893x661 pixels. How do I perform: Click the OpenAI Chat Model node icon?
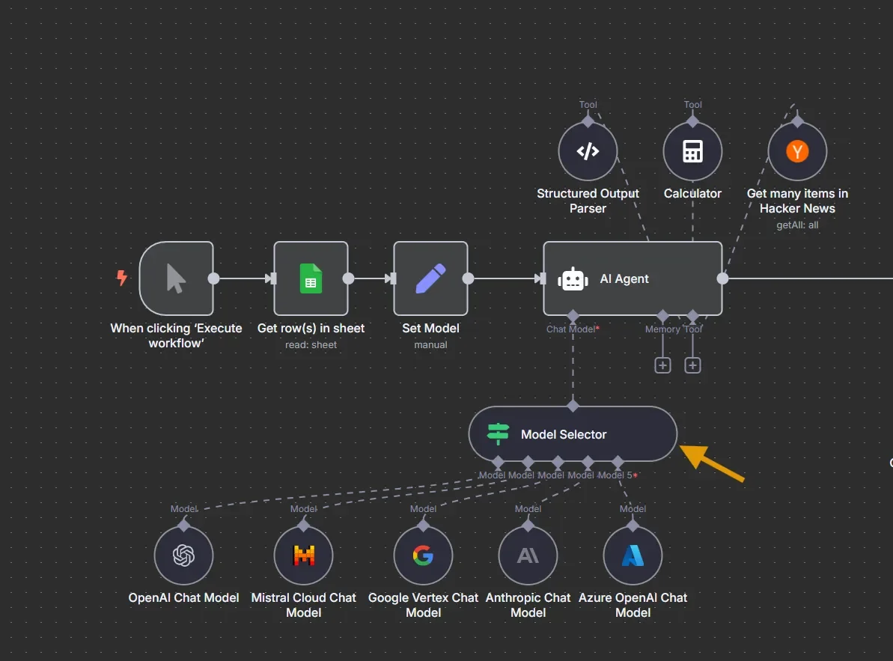pyautogui.click(x=183, y=555)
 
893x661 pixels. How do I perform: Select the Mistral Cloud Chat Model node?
pyautogui.click(x=303, y=555)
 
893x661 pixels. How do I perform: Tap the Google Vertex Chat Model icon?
pyautogui.click(x=423, y=555)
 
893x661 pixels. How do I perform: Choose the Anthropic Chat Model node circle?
pyautogui.click(x=528, y=555)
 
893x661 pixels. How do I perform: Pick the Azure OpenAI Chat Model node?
pyautogui.click(x=633, y=555)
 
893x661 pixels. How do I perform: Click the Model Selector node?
pyautogui.click(x=573, y=434)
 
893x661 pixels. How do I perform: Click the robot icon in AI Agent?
pyautogui.click(x=573, y=278)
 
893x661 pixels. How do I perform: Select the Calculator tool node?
pyautogui.click(x=692, y=151)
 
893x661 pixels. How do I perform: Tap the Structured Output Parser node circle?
pyautogui.click(x=588, y=151)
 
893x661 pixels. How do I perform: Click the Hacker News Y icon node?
pyautogui.click(x=797, y=151)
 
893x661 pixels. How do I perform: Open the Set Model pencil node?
pyautogui.click(x=430, y=278)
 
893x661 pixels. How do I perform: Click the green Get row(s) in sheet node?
pyautogui.click(x=311, y=278)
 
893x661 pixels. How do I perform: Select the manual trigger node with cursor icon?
pyautogui.click(x=176, y=278)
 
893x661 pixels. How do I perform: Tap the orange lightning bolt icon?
pyautogui.click(x=121, y=278)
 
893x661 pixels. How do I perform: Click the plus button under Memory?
pyautogui.click(x=662, y=365)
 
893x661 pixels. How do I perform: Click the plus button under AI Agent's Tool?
pyautogui.click(x=693, y=365)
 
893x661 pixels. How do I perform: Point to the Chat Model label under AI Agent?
pyautogui.click(x=571, y=329)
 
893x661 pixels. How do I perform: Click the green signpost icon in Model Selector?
pyautogui.click(x=498, y=434)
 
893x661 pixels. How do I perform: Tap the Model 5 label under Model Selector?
pyautogui.click(x=615, y=475)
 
